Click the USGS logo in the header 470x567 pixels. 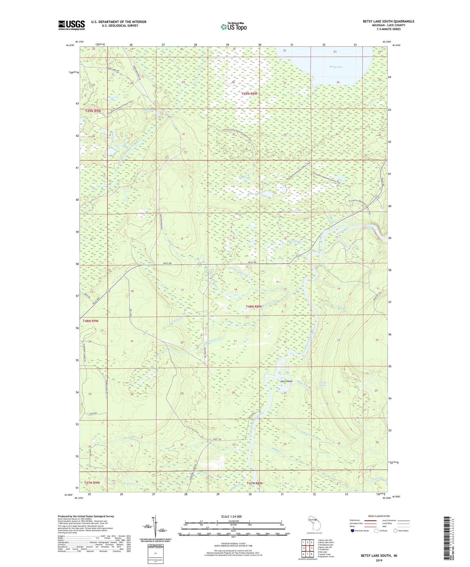point(71,25)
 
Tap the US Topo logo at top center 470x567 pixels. point(233,26)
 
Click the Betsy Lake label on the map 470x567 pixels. point(336,67)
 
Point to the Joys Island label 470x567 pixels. point(286,381)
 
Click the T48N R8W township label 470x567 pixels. point(254,307)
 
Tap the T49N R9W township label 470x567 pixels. point(93,111)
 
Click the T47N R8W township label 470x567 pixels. point(254,483)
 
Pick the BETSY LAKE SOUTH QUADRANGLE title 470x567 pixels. point(388,21)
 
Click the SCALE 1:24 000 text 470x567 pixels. point(231,516)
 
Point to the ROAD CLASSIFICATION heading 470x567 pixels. point(379,516)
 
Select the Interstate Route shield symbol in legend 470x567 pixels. point(353,531)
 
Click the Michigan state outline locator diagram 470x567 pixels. point(314,524)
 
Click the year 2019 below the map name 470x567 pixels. point(379,560)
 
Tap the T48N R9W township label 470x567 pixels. point(90,321)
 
